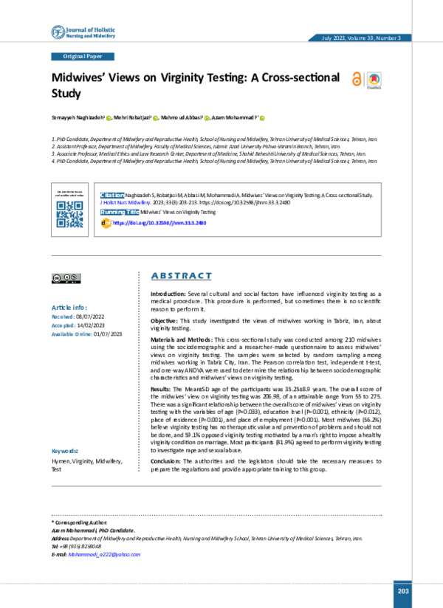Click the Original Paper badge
(83, 57)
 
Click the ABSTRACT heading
(181, 276)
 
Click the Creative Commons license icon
(66, 278)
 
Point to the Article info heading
(69, 307)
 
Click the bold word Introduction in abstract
(163, 294)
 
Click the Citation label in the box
(111, 193)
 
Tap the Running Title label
(120, 212)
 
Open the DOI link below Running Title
(158, 222)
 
